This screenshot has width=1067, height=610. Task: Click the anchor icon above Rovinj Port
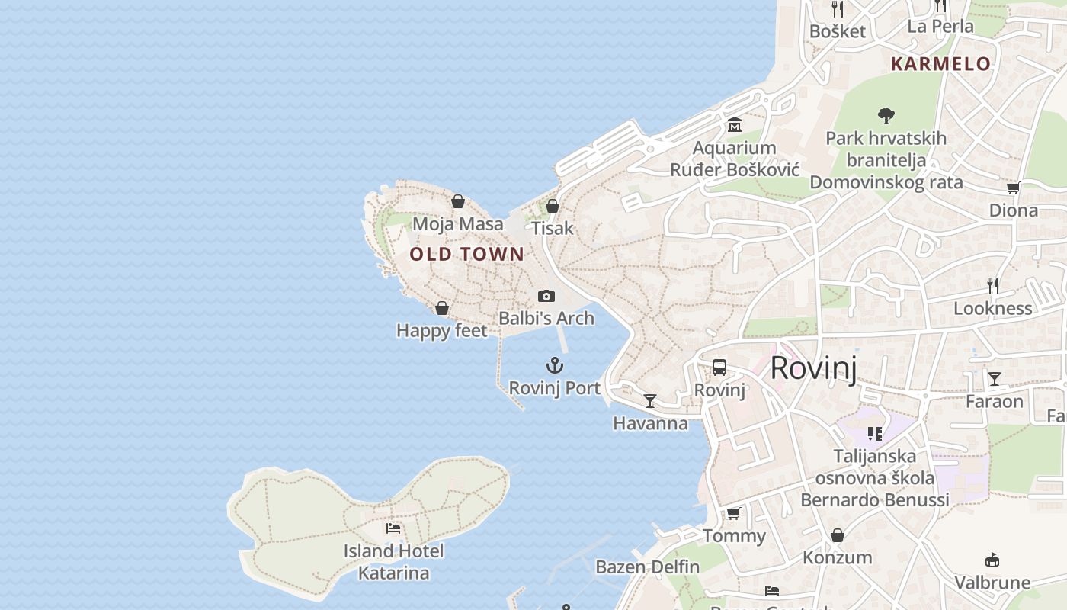click(x=555, y=365)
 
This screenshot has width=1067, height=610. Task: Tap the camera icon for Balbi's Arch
click(x=546, y=296)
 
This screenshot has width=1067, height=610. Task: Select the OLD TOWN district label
click(x=467, y=254)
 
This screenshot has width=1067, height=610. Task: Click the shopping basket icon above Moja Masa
click(x=458, y=201)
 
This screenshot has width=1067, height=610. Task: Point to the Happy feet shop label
click(x=442, y=331)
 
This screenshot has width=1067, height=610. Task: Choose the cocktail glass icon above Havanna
click(x=650, y=400)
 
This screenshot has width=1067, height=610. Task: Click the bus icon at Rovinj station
click(x=719, y=368)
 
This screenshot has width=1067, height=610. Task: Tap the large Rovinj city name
click(x=813, y=368)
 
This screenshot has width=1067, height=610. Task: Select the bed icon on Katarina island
click(x=393, y=528)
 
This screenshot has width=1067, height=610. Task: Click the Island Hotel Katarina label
click(x=393, y=562)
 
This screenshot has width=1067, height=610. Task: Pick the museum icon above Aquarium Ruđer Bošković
click(x=735, y=124)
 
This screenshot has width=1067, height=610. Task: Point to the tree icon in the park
click(x=886, y=116)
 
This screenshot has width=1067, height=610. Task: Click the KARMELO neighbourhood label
click(x=940, y=64)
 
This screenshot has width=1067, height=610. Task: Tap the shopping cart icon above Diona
click(x=1013, y=188)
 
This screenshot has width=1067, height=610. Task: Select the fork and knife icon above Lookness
click(x=993, y=286)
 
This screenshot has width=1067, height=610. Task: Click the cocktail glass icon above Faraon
click(x=995, y=379)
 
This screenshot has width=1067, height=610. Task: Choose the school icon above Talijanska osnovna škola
click(x=874, y=434)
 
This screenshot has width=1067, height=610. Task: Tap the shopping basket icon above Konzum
click(x=838, y=535)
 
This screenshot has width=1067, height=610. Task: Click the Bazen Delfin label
click(x=648, y=567)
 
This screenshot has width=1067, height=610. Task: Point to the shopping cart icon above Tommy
click(x=734, y=513)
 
